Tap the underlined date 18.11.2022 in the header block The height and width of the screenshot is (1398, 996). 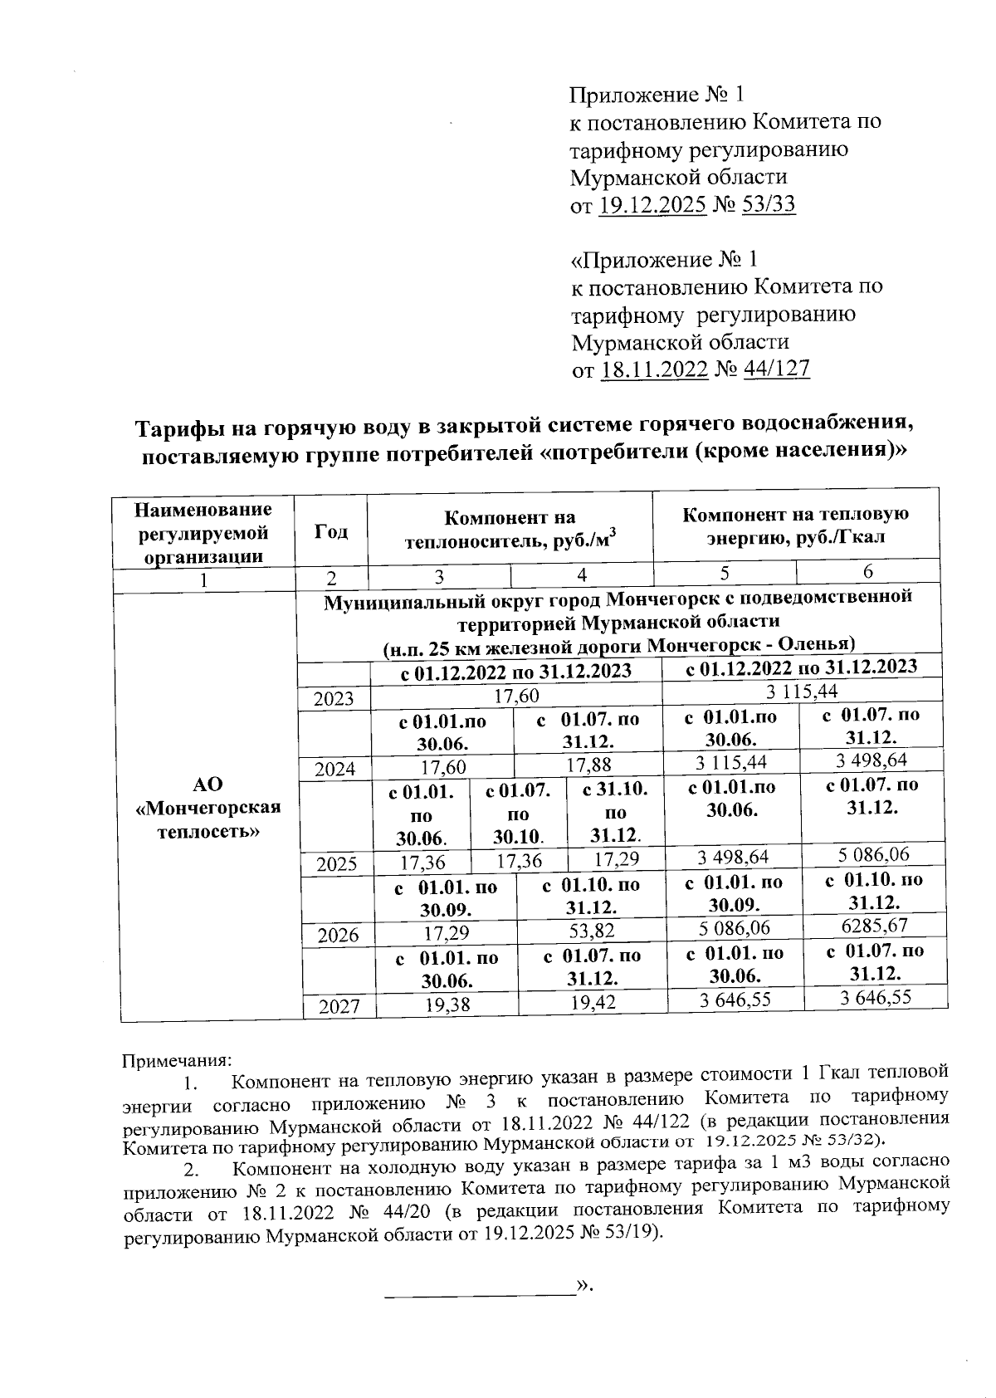pos(654,369)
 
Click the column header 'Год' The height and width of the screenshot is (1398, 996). pos(331,532)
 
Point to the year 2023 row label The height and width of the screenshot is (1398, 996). pos(334,698)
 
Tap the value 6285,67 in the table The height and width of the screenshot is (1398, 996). pos(875,925)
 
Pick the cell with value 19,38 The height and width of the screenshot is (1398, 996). pos(447,1005)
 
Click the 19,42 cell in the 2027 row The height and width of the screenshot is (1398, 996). pos(593,1003)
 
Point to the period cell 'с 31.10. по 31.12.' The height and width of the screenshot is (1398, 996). pos(615,811)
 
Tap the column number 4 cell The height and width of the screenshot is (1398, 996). pos(582,574)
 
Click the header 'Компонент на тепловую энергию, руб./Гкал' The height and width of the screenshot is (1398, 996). pos(796,525)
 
